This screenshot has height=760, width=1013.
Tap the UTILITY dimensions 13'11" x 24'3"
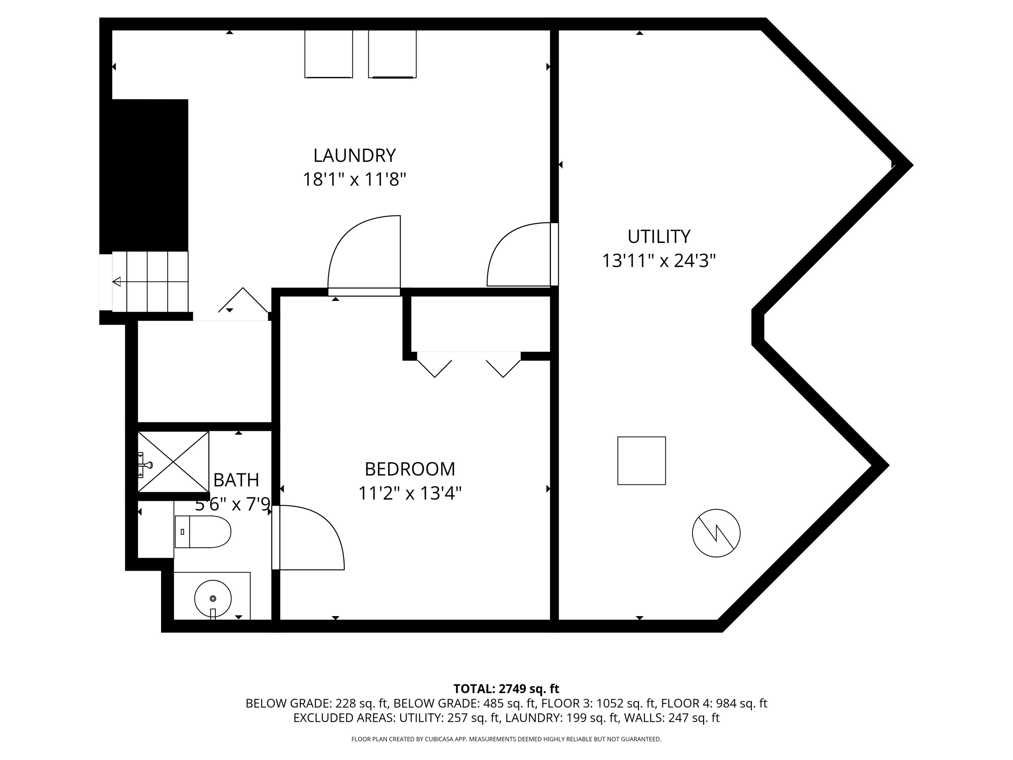(x=658, y=261)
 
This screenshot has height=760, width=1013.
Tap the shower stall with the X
(x=174, y=461)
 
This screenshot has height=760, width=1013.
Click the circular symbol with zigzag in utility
(x=716, y=533)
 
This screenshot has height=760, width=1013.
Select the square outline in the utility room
(x=641, y=460)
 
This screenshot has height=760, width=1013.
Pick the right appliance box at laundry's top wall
(x=392, y=54)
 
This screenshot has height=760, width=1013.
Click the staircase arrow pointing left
(x=117, y=282)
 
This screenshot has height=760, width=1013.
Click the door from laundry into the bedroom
(x=364, y=254)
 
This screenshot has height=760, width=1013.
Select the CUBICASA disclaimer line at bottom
(x=506, y=739)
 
